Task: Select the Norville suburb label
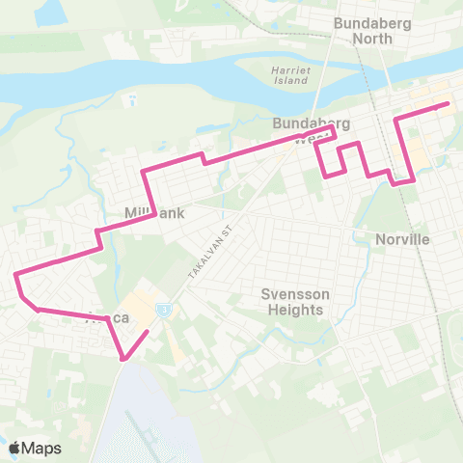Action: coord(401,238)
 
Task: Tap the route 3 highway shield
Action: coord(164,309)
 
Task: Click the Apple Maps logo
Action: coord(35,448)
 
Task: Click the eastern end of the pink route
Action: coord(449,104)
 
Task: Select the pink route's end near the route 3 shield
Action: coord(148,333)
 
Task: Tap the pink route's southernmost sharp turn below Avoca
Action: coord(124,360)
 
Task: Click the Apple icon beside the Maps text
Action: coord(14,448)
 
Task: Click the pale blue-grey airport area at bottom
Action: coord(145,424)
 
